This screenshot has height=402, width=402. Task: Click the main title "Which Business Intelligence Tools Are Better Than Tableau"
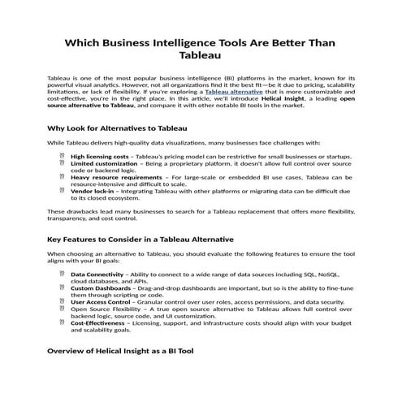click(x=201, y=48)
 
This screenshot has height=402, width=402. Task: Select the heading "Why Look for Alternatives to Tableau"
click(x=118, y=128)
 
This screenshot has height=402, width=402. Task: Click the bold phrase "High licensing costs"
click(x=99, y=155)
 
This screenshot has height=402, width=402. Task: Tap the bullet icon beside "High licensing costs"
click(x=63, y=155)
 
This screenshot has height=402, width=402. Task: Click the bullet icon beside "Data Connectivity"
click(x=63, y=274)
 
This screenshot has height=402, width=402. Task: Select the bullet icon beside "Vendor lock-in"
click(x=63, y=192)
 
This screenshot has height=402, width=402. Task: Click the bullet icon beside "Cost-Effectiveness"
click(x=63, y=322)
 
